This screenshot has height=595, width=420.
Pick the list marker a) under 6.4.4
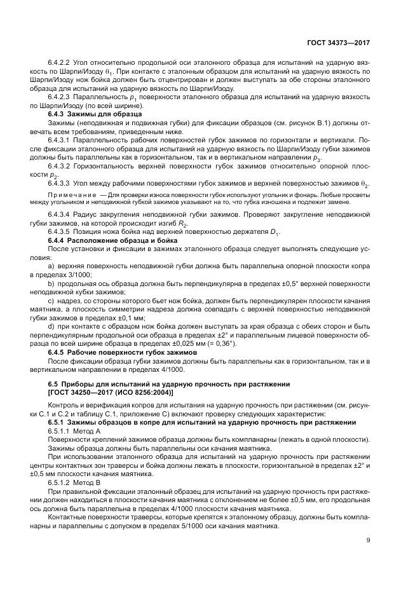(51, 266)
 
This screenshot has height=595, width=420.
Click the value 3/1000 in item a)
(81, 275)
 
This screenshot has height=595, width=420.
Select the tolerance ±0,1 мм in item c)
(132, 317)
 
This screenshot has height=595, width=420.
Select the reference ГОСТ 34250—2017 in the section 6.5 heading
(79, 393)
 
